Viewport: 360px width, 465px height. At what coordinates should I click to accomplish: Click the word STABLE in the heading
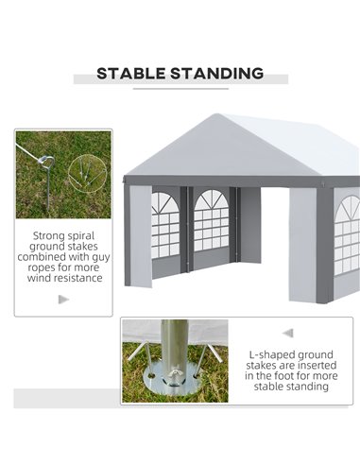(x=131, y=74)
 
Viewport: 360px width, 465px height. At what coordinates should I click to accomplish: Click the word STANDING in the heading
(x=217, y=74)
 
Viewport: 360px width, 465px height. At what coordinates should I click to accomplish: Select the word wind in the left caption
(x=40, y=278)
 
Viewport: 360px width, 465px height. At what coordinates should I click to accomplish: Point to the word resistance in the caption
(x=78, y=278)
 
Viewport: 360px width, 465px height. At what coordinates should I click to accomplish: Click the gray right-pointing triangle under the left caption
(x=64, y=300)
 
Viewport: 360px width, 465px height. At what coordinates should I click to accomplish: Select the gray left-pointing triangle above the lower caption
(x=288, y=333)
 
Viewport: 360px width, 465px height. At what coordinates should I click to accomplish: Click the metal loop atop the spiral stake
(x=46, y=161)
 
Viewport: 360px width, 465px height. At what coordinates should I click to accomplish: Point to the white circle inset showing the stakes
(x=87, y=174)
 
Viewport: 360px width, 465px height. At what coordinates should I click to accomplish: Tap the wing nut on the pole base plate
(x=174, y=375)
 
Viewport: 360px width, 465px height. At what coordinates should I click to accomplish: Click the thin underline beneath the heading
(x=180, y=89)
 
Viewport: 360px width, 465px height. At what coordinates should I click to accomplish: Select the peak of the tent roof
(x=216, y=114)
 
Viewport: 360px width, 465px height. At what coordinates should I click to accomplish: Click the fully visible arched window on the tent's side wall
(x=212, y=220)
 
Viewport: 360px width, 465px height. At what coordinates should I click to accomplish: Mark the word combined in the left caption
(x=42, y=257)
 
